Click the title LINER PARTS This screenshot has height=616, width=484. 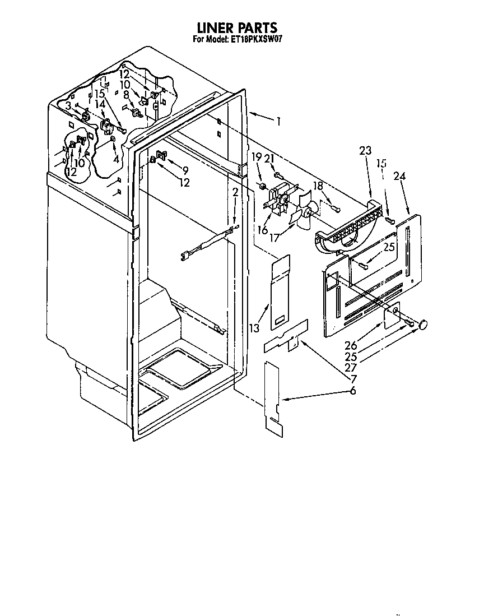(x=237, y=27)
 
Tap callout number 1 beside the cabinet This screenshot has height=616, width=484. (x=278, y=121)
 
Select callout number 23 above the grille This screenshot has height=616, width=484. (x=365, y=150)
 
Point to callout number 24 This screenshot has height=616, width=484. (x=399, y=176)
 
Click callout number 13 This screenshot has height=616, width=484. (x=254, y=327)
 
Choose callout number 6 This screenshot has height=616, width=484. (x=353, y=391)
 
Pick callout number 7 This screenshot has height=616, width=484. (x=353, y=379)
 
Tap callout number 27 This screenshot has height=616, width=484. (x=351, y=368)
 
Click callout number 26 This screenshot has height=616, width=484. (x=351, y=345)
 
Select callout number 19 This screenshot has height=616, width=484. (x=256, y=157)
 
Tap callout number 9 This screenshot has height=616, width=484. (x=185, y=170)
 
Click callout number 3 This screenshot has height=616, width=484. (x=68, y=105)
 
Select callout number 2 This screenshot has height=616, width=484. (x=235, y=192)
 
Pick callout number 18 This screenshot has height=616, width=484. (x=318, y=186)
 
